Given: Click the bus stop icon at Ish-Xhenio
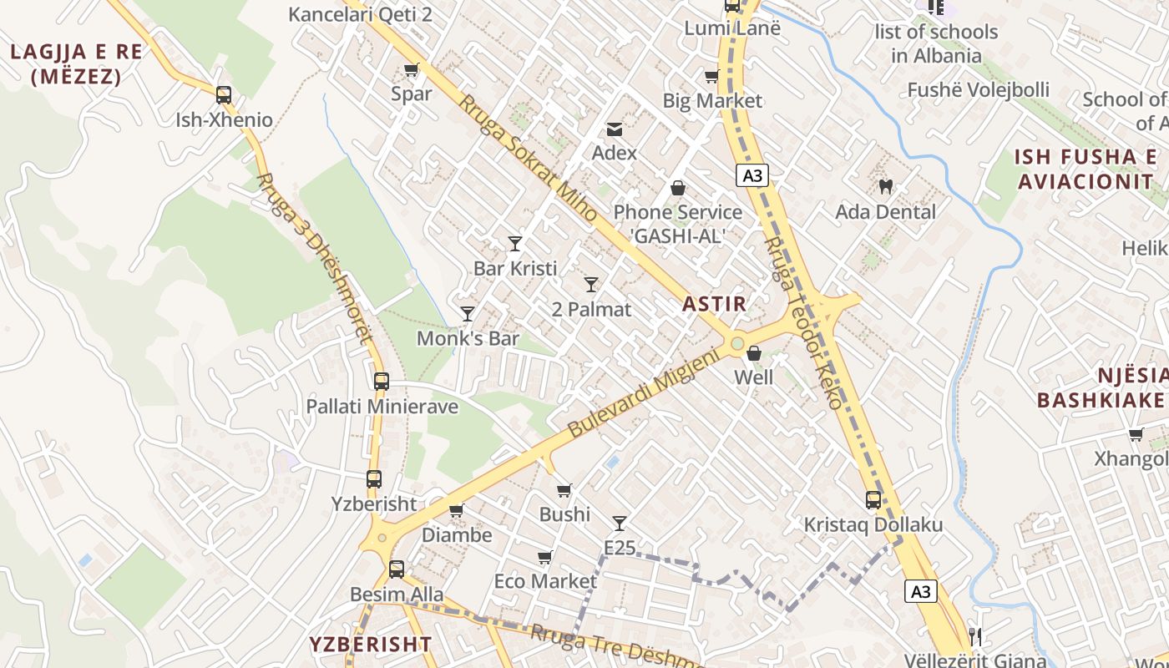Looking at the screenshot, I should [224, 95].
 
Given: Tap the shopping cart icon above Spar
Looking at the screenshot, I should [411, 70].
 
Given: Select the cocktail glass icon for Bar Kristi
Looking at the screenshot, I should [515, 244].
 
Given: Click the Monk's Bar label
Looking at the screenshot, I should [468, 339].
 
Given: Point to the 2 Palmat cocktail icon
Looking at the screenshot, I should [591, 285].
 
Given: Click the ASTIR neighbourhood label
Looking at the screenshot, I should [714, 304].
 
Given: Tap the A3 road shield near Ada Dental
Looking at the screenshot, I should [752, 175].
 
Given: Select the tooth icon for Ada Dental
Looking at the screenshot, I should [886, 187].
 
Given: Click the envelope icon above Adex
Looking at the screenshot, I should [615, 129].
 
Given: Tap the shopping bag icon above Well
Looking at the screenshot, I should [754, 353].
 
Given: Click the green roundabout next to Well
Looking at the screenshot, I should [736, 343].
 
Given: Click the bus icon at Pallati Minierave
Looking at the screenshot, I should [382, 382].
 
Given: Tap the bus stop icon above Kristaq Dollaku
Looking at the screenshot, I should [873, 500].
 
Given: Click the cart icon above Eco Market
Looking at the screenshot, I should [545, 557].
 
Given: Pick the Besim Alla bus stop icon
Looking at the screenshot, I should [397, 569].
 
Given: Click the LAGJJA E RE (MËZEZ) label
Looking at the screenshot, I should [77, 64].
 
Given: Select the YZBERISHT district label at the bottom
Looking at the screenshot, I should [371, 645].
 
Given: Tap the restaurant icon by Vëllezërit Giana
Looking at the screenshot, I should [974, 637].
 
